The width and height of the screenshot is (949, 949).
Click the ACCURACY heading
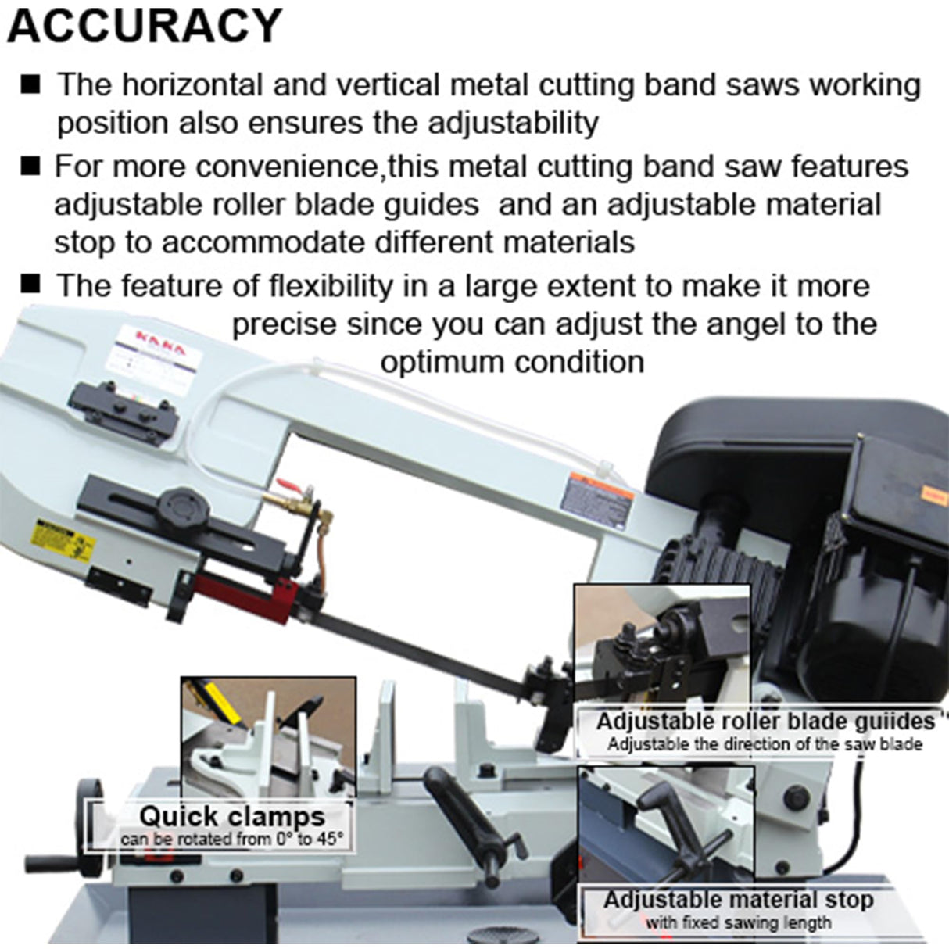(x=144, y=27)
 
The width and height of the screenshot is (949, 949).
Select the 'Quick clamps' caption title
(x=231, y=816)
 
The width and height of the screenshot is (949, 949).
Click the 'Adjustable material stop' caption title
(x=738, y=900)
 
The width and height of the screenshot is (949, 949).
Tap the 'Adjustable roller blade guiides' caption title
(x=765, y=720)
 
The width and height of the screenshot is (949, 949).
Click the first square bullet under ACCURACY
(x=31, y=84)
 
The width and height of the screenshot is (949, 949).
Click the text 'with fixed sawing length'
(x=738, y=923)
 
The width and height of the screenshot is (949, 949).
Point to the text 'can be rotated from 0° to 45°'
(x=231, y=840)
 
